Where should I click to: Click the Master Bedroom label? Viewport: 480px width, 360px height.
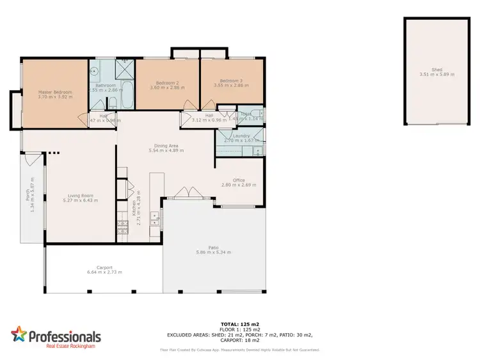pos(54,92)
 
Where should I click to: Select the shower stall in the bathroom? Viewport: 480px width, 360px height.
pos(125,68)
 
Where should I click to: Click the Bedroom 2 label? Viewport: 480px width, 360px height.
pos(167,81)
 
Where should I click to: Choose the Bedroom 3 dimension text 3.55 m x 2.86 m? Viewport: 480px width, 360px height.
pos(231,85)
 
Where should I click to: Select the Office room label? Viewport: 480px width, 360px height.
pos(239,180)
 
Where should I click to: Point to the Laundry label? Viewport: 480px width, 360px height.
pos(241,136)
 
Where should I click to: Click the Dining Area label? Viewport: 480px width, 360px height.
pos(166,146)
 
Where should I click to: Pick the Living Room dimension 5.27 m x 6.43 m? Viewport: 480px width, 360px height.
pos(81,201)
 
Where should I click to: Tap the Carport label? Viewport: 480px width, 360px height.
pos(104,267)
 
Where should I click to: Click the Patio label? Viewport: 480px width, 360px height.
pos(213,247)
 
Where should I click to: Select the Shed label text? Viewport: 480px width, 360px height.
pos(436,70)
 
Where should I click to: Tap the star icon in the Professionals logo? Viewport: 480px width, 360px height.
pos(19,335)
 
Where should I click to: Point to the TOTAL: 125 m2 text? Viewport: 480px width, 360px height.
pos(240,324)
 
